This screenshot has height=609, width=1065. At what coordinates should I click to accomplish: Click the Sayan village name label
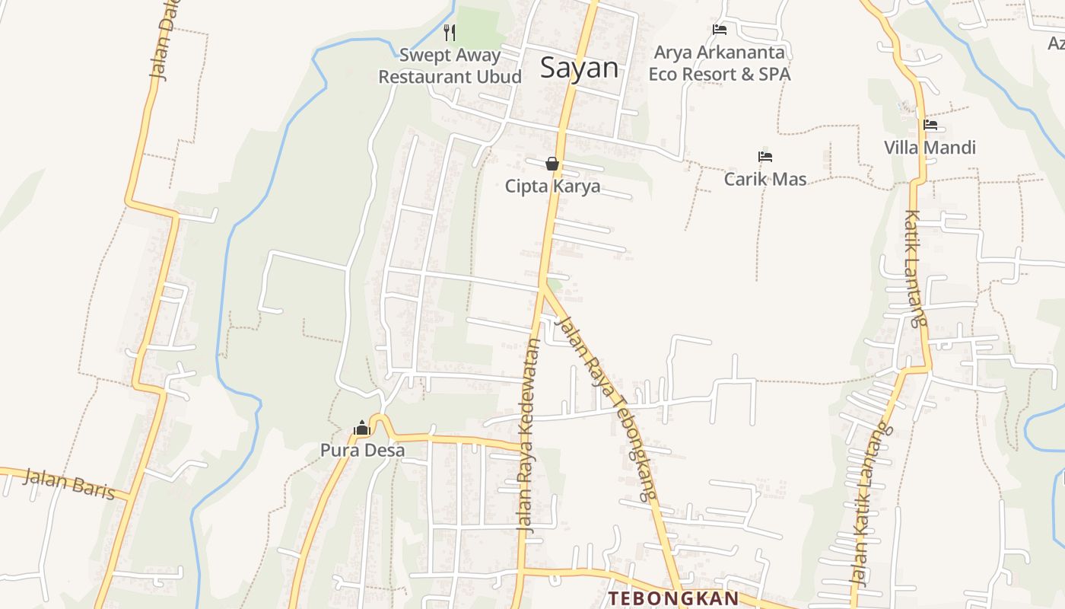[x=579, y=68]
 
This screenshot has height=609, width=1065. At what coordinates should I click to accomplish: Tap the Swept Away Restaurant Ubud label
[x=450, y=65]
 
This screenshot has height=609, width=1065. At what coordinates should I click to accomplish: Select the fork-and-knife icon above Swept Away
[x=450, y=32]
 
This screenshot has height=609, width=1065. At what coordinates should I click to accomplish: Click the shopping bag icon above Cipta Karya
[x=552, y=164]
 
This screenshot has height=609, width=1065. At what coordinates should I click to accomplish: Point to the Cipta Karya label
[x=552, y=187]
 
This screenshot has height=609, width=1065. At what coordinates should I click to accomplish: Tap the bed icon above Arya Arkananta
[x=720, y=30]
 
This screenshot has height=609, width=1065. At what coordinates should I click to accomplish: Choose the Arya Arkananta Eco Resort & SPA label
[x=720, y=64]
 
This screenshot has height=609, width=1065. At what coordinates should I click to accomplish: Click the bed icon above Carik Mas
[x=765, y=157]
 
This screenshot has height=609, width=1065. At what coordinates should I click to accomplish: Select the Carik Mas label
[x=765, y=180]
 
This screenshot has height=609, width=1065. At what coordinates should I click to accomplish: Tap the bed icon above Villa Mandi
[x=930, y=125]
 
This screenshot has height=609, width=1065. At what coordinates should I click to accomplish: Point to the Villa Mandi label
[x=930, y=148]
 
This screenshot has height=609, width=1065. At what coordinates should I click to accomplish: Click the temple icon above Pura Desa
[x=362, y=428]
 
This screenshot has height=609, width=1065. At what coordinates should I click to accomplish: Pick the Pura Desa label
[x=362, y=450]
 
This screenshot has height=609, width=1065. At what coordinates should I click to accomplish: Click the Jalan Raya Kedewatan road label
[x=529, y=434]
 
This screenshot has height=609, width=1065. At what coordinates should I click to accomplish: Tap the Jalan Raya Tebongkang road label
[x=606, y=407]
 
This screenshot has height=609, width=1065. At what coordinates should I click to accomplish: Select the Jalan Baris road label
[x=68, y=485]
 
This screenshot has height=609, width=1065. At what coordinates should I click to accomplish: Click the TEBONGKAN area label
[x=672, y=598]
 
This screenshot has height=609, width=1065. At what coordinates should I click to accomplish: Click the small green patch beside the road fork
[x=556, y=285]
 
